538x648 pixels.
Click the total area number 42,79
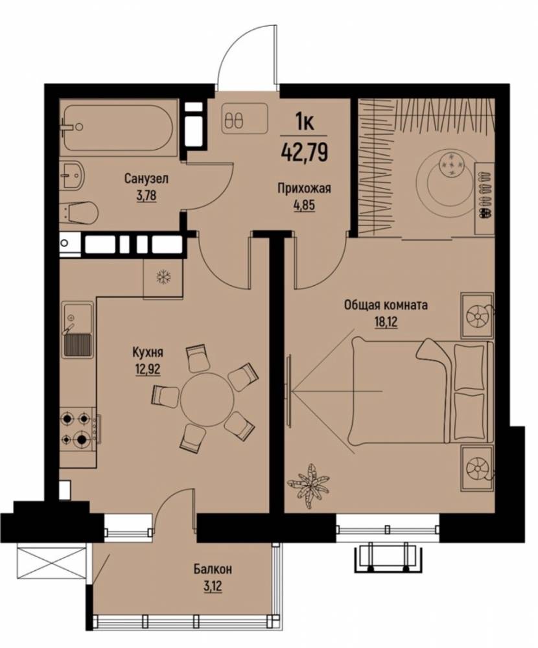click(305, 151)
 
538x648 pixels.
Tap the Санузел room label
click(146, 179)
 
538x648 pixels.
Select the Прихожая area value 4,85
click(304, 205)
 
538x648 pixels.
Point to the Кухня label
click(148, 353)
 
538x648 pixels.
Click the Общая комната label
click(386, 305)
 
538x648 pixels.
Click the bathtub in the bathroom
click(119, 127)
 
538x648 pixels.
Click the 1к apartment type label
click(305, 122)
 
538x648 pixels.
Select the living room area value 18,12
click(386, 322)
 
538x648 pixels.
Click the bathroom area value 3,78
click(146, 194)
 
